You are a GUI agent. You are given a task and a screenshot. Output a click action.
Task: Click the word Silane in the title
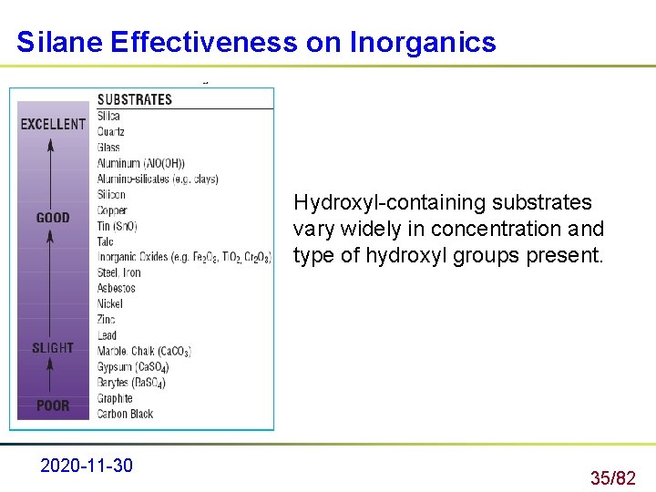(60, 42)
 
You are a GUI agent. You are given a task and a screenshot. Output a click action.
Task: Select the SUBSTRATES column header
(134, 99)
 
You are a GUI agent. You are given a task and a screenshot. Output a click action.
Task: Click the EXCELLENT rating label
(53, 124)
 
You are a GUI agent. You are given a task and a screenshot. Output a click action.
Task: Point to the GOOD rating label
(53, 218)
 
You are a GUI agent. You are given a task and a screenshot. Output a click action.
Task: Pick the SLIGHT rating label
(53, 348)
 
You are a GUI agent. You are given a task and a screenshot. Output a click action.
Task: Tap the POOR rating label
(53, 405)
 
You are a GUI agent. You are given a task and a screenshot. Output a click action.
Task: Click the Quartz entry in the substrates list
(112, 131)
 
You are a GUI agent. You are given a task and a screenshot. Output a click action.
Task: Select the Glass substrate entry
(108, 147)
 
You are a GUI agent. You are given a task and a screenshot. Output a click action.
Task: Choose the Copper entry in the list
(113, 210)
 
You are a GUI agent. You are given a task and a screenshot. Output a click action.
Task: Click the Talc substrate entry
(106, 241)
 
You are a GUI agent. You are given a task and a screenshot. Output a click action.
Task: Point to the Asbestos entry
(117, 288)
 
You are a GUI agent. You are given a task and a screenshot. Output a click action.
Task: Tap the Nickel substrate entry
(110, 304)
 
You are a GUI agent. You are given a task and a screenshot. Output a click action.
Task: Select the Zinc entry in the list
(107, 320)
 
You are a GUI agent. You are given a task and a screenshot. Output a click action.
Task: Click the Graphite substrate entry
(115, 398)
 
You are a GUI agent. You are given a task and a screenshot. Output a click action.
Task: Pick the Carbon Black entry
(125, 414)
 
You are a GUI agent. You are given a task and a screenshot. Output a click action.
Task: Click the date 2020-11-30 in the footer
(87, 466)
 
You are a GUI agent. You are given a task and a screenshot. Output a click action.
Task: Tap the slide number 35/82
(612, 477)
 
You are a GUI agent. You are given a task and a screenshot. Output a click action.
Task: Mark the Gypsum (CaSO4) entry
(133, 367)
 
